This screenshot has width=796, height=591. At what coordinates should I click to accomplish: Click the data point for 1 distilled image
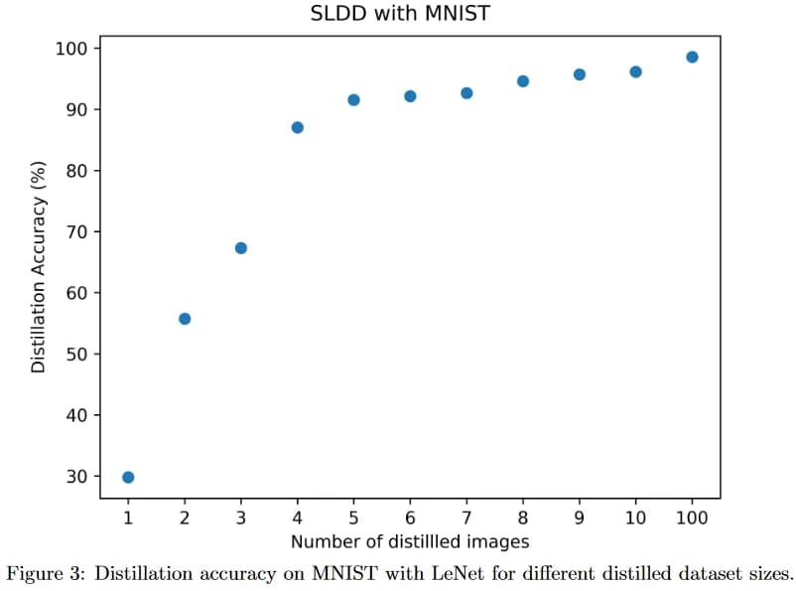coord(128,477)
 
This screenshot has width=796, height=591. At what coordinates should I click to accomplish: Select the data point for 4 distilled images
coord(298,127)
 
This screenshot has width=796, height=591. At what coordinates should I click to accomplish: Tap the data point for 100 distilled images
coord(692,57)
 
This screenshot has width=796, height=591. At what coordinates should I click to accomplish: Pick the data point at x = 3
coord(241,248)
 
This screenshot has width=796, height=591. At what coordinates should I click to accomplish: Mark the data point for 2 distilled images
coord(185,319)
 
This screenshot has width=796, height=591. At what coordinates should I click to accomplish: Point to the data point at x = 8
coord(523,81)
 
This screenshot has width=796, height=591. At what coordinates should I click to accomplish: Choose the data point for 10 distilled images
coord(635,73)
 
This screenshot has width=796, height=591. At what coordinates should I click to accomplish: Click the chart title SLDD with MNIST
coord(400,13)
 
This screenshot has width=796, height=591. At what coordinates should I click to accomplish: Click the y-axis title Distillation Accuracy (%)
coord(38,267)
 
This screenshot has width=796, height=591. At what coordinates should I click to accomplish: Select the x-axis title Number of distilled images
coord(410,541)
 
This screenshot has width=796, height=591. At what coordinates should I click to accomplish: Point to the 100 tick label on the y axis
coord(71,49)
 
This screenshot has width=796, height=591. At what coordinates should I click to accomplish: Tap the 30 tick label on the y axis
coord(76,477)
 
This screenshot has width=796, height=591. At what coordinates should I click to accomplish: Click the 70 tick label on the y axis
coord(76,232)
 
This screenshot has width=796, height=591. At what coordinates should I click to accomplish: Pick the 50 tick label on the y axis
coord(76,355)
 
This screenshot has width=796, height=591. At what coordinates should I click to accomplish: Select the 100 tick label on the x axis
coord(692,517)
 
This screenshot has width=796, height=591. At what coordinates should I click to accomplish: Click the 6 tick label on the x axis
coord(410,517)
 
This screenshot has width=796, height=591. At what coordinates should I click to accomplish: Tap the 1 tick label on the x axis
coord(128,517)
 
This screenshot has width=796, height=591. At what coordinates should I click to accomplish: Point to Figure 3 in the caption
coord(44,574)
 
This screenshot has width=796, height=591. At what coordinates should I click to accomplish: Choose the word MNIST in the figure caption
coord(345,573)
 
